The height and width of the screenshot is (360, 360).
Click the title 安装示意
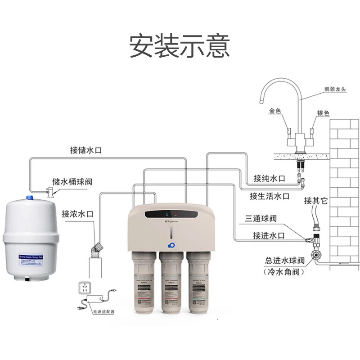[x=180, y=46]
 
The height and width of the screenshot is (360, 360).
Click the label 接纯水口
[x=270, y=178]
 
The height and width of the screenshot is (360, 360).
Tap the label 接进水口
[x=269, y=235]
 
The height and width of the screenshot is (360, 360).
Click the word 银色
[x=324, y=112]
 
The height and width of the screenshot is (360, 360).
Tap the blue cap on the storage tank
[x=30, y=198]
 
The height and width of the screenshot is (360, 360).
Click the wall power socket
[x=84, y=288]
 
